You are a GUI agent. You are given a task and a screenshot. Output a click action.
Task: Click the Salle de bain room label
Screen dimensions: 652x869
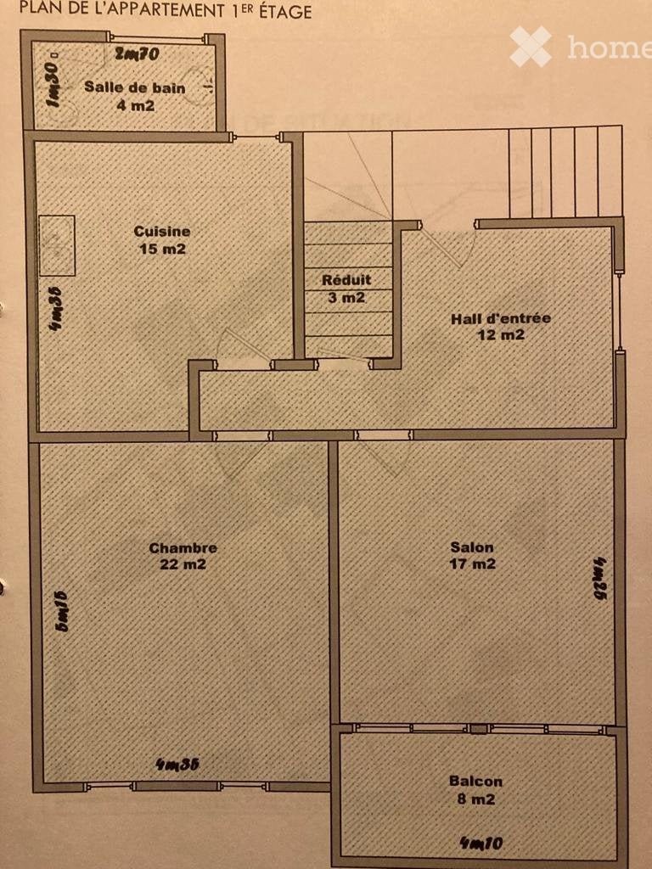(135, 87)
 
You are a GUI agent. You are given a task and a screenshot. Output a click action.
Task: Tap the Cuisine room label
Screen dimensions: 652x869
(162, 231)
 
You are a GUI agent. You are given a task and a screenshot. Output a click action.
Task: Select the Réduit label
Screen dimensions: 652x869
(346, 280)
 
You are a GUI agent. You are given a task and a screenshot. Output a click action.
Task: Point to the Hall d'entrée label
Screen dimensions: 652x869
(501, 319)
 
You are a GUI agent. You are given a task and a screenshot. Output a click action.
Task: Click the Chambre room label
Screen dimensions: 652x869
(183, 548)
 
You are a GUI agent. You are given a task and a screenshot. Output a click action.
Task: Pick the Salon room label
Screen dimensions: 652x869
(472, 547)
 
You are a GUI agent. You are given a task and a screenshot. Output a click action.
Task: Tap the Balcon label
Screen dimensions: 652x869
(475, 782)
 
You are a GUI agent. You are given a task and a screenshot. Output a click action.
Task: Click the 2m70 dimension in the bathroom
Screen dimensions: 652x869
(137, 53)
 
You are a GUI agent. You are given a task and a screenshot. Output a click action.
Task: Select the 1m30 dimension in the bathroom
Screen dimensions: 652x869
(53, 83)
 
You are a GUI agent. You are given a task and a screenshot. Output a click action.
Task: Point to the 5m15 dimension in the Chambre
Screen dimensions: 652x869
(61, 611)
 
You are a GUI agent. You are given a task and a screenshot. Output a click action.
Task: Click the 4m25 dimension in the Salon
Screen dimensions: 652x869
(600, 579)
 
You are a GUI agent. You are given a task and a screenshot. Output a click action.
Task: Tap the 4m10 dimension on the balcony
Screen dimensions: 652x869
(481, 843)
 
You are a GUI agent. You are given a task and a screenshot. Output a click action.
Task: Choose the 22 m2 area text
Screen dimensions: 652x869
(183, 564)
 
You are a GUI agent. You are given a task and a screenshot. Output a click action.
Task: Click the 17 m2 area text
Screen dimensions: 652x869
(473, 564)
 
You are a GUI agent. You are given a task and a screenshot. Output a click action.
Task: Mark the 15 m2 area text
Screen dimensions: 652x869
(162, 249)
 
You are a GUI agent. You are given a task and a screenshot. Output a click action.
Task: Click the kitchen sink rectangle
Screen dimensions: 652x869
(57, 245)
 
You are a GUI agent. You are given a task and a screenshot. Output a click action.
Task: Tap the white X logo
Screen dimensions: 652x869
(531, 47)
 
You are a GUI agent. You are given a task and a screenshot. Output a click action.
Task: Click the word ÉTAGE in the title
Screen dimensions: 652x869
(285, 11)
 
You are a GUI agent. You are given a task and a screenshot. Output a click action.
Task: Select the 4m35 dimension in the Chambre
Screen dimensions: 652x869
(177, 765)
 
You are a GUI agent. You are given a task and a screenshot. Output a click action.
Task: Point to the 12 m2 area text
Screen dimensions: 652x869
(501, 334)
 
